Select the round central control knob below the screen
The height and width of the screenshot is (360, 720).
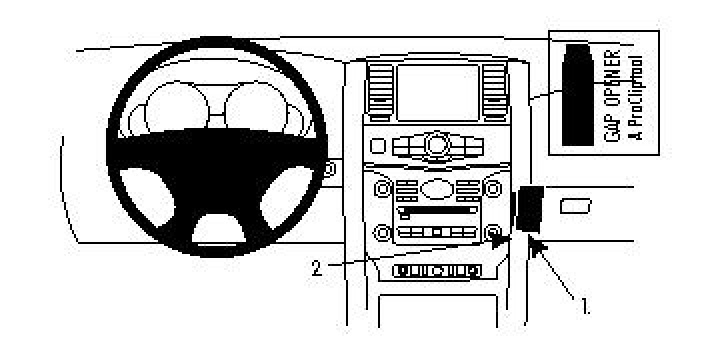436,146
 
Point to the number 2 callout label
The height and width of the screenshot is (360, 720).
316,268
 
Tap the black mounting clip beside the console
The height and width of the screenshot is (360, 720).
527,211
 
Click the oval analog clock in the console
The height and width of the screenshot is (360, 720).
436,188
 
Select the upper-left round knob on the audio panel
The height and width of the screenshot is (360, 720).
381,188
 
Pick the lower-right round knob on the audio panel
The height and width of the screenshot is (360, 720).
493,233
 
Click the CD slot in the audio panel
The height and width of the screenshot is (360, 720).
436,210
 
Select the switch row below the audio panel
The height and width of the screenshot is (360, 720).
436,270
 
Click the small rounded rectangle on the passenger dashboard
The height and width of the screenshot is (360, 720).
576,206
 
